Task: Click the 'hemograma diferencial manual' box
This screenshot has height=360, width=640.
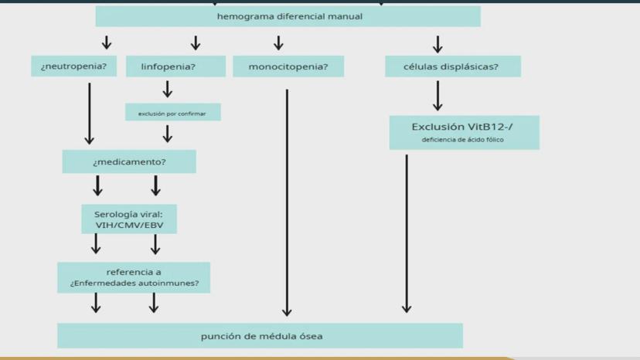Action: (288, 16)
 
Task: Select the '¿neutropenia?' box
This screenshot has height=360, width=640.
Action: (74, 66)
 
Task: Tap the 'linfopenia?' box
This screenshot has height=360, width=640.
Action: (175, 66)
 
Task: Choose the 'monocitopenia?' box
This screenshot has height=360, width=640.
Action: (288, 67)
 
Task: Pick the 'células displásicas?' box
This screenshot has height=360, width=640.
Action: (452, 66)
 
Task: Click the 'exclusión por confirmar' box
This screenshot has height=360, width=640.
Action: (172, 114)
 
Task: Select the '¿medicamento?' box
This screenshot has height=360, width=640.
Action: (129, 162)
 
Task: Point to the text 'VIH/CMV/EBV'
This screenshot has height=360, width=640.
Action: (129, 226)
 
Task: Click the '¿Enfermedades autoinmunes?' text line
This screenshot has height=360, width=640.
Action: (134, 284)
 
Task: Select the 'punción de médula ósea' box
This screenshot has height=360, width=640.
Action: (260, 336)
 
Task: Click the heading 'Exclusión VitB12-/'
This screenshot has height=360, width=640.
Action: (462, 127)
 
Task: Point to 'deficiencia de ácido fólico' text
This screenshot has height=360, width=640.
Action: (462, 140)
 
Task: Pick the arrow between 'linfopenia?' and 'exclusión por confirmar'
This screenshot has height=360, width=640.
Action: (168, 90)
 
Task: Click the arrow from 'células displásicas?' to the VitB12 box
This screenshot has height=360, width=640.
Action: (437, 96)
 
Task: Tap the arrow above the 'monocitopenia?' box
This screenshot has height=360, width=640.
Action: (278, 43)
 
